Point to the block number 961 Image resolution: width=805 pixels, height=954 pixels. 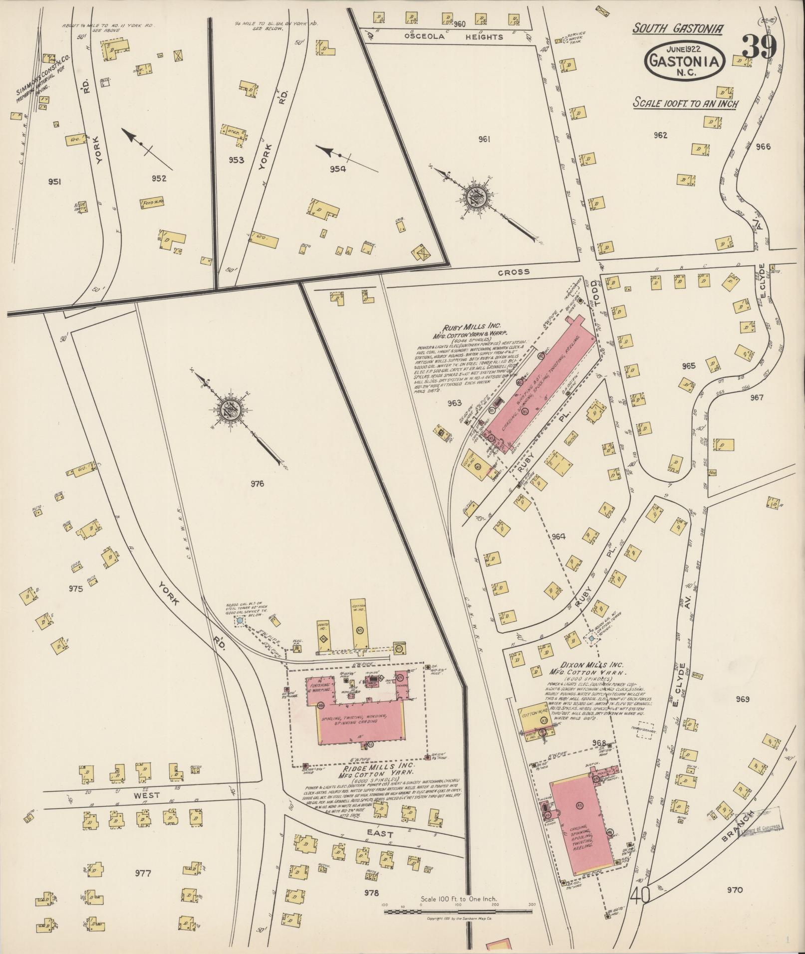(483, 139)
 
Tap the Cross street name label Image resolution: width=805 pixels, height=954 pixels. (513, 272)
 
